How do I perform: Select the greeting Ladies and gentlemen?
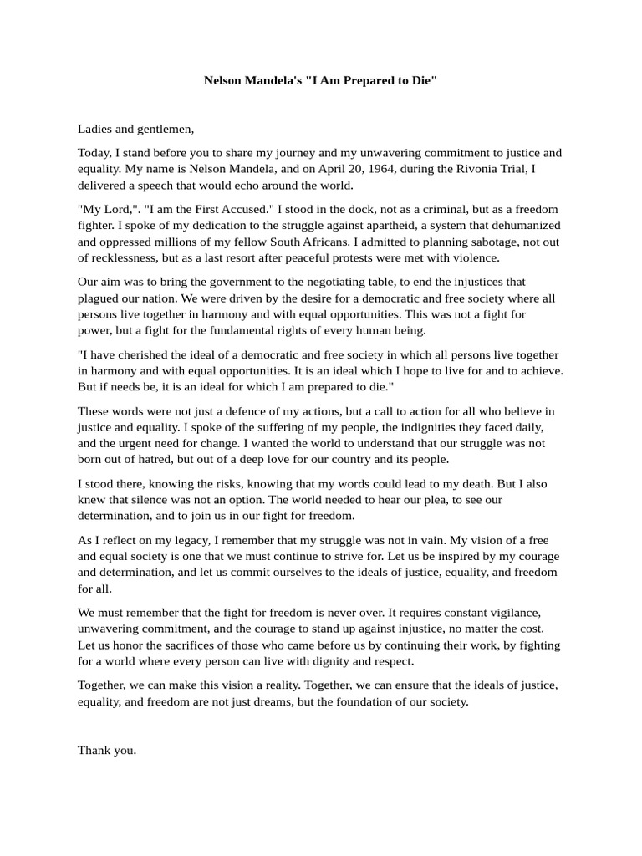[x=135, y=129]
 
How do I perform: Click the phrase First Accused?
[x=232, y=209]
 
